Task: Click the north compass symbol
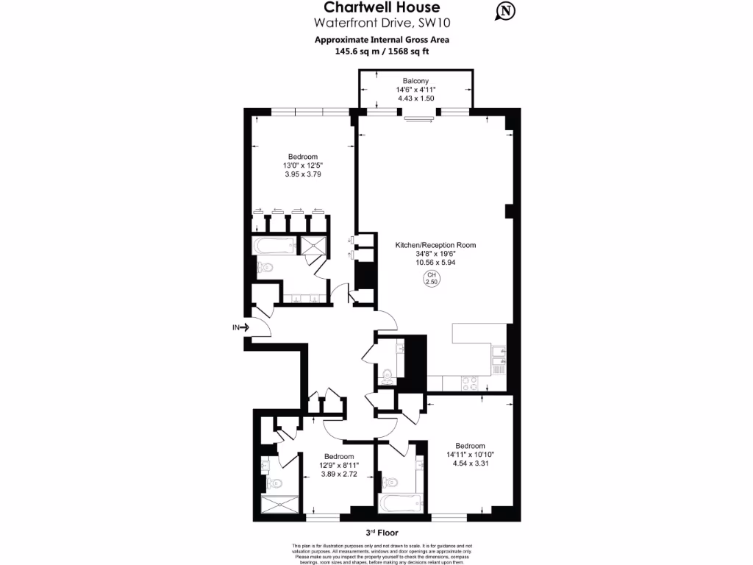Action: [x=506, y=11]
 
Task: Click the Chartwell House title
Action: [x=382, y=9]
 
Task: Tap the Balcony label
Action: [x=415, y=81]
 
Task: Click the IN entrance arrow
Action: [x=241, y=327]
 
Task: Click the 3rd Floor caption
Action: [x=382, y=532]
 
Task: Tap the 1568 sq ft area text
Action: [x=414, y=51]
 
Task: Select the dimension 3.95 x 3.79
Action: [x=303, y=175]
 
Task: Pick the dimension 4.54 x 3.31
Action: [x=470, y=464]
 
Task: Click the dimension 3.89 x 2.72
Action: [x=339, y=475]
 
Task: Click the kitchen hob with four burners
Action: [x=468, y=383]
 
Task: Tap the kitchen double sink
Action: [x=501, y=356]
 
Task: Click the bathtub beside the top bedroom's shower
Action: [x=274, y=246]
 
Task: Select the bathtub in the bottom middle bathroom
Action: [x=400, y=504]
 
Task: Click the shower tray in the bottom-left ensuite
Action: [x=281, y=505]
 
